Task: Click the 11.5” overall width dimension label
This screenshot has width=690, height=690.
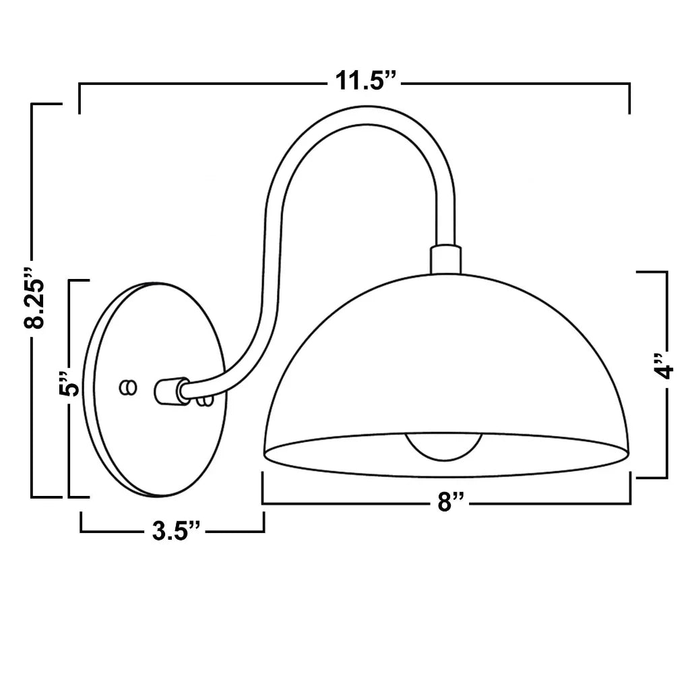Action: tap(366, 81)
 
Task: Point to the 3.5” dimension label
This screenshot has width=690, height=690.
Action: tap(176, 531)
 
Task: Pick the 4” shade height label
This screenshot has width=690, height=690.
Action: tap(663, 366)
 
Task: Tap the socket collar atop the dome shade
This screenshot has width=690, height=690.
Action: tap(446, 260)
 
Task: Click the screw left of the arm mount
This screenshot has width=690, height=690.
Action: tap(128, 387)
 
